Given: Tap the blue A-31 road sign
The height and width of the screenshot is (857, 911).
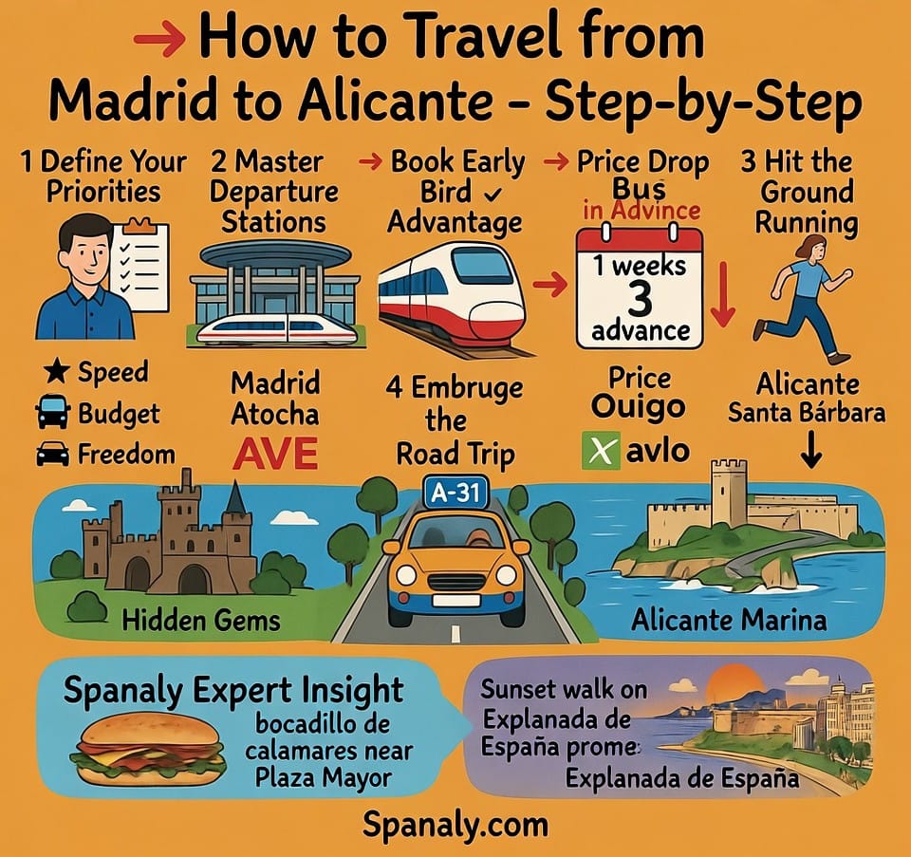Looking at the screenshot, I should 456,494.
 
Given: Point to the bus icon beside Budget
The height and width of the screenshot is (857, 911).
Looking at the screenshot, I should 52,414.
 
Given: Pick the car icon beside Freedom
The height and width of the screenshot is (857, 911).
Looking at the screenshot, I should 52,455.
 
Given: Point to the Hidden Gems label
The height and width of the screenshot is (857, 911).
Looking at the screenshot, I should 201,622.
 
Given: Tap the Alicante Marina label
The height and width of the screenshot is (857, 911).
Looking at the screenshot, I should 729,622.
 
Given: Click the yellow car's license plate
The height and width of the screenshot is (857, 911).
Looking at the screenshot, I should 455,600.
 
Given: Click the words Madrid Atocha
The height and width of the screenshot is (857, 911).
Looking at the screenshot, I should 275,400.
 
